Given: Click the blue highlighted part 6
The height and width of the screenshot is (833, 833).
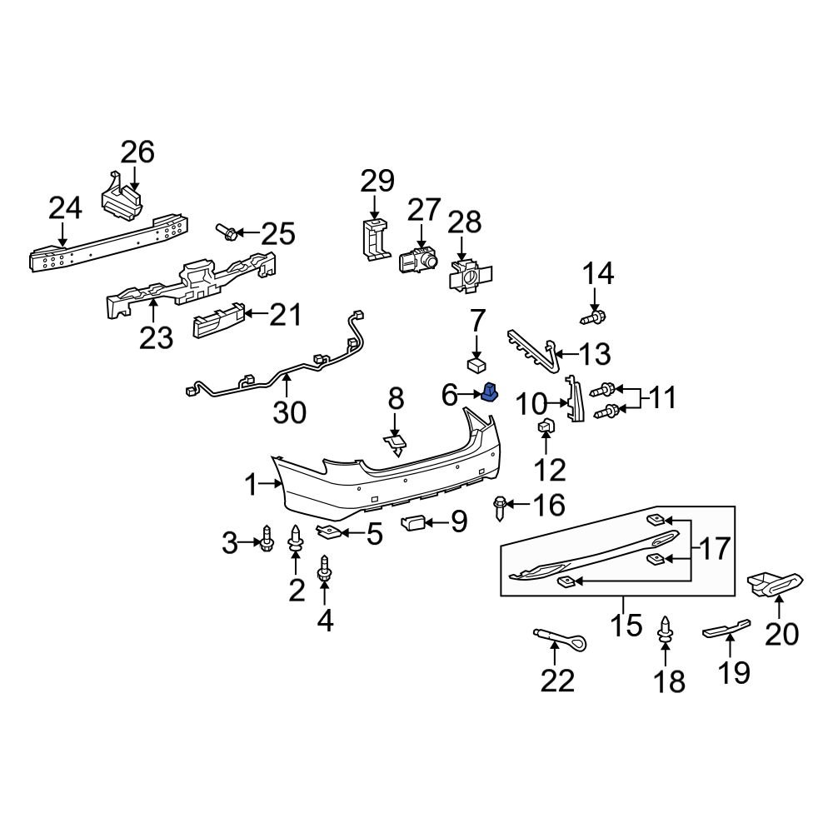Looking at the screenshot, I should point(490,391).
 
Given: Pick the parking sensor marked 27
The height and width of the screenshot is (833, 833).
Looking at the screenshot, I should point(418,261).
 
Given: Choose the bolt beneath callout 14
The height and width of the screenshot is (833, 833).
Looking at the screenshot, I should point(595,317).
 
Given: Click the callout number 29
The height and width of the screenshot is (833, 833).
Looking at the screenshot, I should point(377,181).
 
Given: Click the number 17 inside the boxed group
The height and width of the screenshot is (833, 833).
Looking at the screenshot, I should point(713,549).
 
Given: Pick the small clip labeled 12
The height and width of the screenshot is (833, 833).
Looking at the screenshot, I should point(546,427).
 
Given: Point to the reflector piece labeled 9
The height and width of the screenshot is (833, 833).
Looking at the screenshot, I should point(414,523).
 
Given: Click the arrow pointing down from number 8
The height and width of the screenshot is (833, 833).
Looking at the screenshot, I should point(395,421).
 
